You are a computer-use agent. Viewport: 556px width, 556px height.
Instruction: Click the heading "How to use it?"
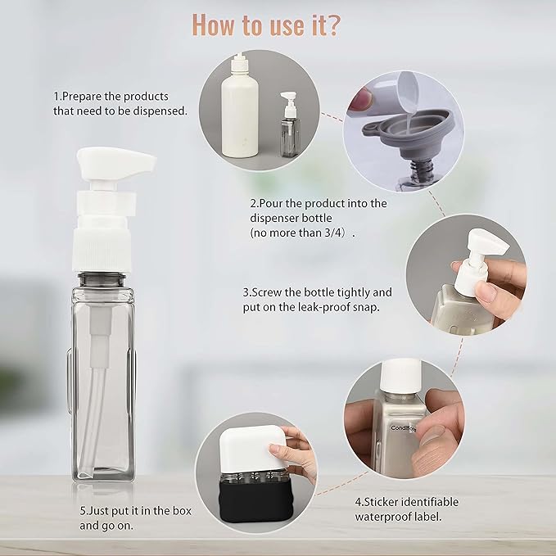click(x=266, y=25)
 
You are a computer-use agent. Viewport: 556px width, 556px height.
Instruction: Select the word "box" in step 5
click(x=182, y=510)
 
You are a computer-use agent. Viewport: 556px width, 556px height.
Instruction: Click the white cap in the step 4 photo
click(x=400, y=377)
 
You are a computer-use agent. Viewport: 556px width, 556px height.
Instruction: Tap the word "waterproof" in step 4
click(x=385, y=517)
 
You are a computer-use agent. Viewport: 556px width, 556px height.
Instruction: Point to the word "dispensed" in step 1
click(x=160, y=111)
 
